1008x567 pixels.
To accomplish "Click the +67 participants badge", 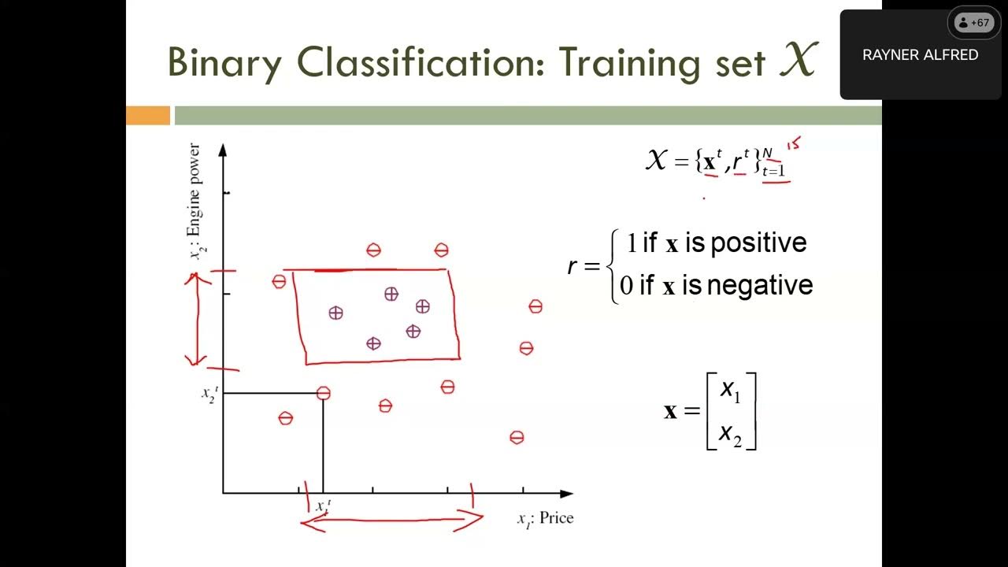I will coord(973,23).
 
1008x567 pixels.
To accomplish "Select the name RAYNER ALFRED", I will coord(920,55).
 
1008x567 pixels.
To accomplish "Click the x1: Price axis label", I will coord(545,518).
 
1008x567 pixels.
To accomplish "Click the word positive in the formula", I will coord(758,243).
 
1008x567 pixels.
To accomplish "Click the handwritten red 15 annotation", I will coord(793,144).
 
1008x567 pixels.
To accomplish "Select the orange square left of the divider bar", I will coord(148,116).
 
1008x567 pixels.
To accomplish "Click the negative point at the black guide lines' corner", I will coord(323,393).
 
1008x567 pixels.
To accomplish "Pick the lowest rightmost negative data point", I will coord(517,437).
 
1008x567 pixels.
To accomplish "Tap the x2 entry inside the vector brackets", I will coord(730,434).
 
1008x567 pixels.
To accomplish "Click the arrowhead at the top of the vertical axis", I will coord(223,149).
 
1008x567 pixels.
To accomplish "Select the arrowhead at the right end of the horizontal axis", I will coord(566,493).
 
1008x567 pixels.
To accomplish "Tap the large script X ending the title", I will coord(797,60).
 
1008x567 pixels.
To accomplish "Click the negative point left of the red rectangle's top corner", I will coord(279,281).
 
